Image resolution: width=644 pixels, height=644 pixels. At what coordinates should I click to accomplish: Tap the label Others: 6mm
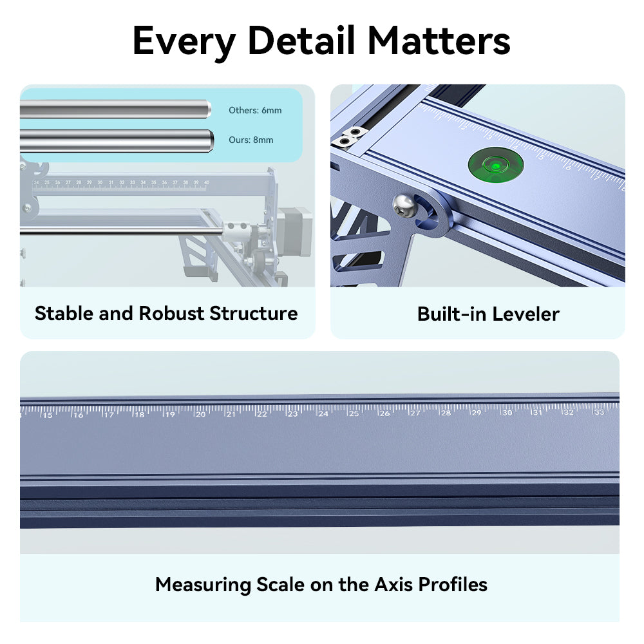coord(255,110)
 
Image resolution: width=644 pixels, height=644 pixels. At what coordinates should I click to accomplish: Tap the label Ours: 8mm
coord(251,140)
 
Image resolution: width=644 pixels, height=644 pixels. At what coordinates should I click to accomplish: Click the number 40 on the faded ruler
coord(206,183)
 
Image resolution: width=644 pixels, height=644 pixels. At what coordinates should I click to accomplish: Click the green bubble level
coord(495,165)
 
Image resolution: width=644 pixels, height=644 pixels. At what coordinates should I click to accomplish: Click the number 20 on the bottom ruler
coord(200,414)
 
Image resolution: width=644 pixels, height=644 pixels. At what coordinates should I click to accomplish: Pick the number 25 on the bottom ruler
coord(354,413)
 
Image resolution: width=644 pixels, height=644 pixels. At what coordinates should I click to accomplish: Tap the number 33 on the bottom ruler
coord(599,412)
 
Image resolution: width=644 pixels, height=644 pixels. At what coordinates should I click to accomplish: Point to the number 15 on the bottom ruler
coord(47,415)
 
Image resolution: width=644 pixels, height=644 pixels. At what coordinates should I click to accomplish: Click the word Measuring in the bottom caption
coord(203,585)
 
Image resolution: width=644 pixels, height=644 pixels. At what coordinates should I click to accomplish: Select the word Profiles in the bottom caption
coord(453,585)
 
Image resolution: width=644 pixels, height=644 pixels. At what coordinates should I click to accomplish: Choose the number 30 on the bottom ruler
coord(507,412)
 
